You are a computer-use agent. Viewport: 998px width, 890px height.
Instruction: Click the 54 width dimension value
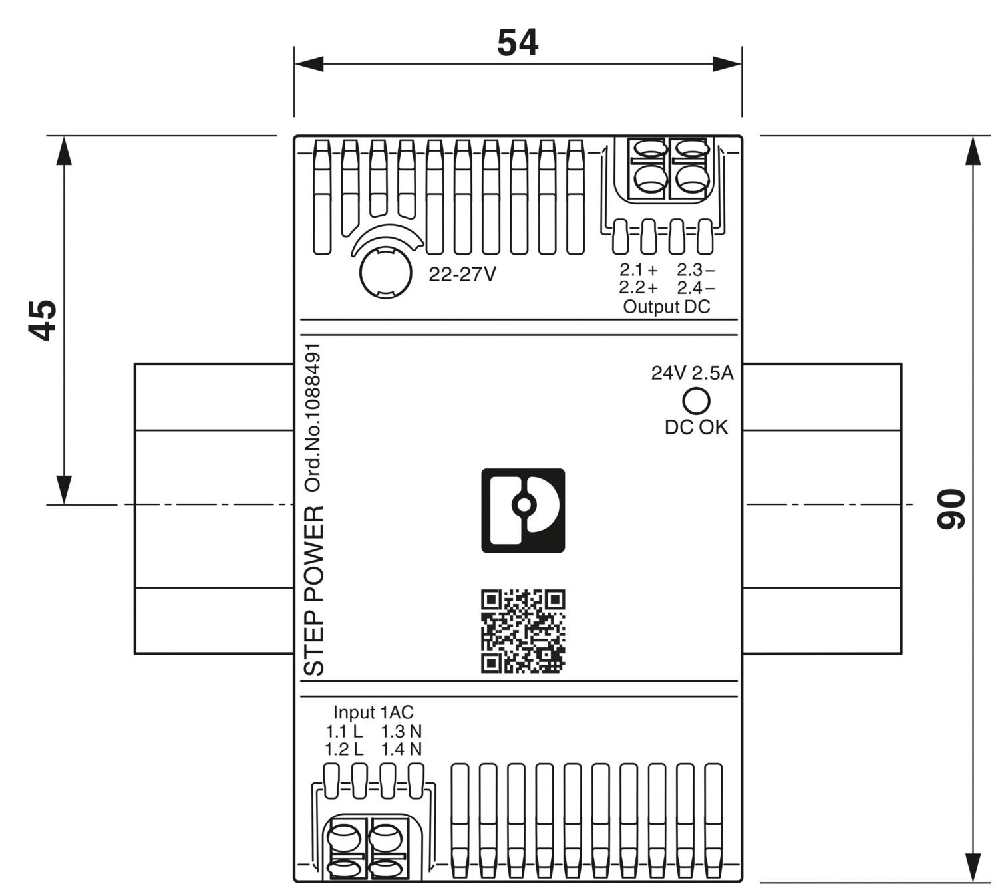(x=517, y=43)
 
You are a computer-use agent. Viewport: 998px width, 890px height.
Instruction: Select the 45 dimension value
(x=44, y=320)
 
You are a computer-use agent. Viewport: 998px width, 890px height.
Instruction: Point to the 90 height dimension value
(x=951, y=509)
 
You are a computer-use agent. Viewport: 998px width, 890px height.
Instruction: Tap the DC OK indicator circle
(x=696, y=400)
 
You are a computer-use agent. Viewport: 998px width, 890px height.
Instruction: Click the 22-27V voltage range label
(x=462, y=275)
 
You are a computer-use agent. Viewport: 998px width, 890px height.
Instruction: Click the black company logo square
(x=523, y=510)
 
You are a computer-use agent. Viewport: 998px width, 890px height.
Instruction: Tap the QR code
(x=523, y=631)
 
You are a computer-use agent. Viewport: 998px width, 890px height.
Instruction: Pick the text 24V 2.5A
(x=692, y=373)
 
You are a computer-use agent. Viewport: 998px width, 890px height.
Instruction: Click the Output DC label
(x=666, y=307)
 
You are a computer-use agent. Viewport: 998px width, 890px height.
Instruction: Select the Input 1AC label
(x=373, y=712)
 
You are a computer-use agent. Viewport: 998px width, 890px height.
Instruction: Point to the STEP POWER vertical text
(x=315, y=591)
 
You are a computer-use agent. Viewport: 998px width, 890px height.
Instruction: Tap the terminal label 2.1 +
(x=638, y=270)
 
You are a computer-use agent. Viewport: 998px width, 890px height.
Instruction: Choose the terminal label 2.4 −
(x=695, y=288)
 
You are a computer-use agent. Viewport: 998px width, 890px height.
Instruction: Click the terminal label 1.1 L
(x=344, y=732)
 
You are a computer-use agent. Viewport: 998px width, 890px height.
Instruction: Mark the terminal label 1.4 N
(x=401, y=750)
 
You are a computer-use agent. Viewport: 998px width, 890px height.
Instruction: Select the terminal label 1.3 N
(x=401, y=732)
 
